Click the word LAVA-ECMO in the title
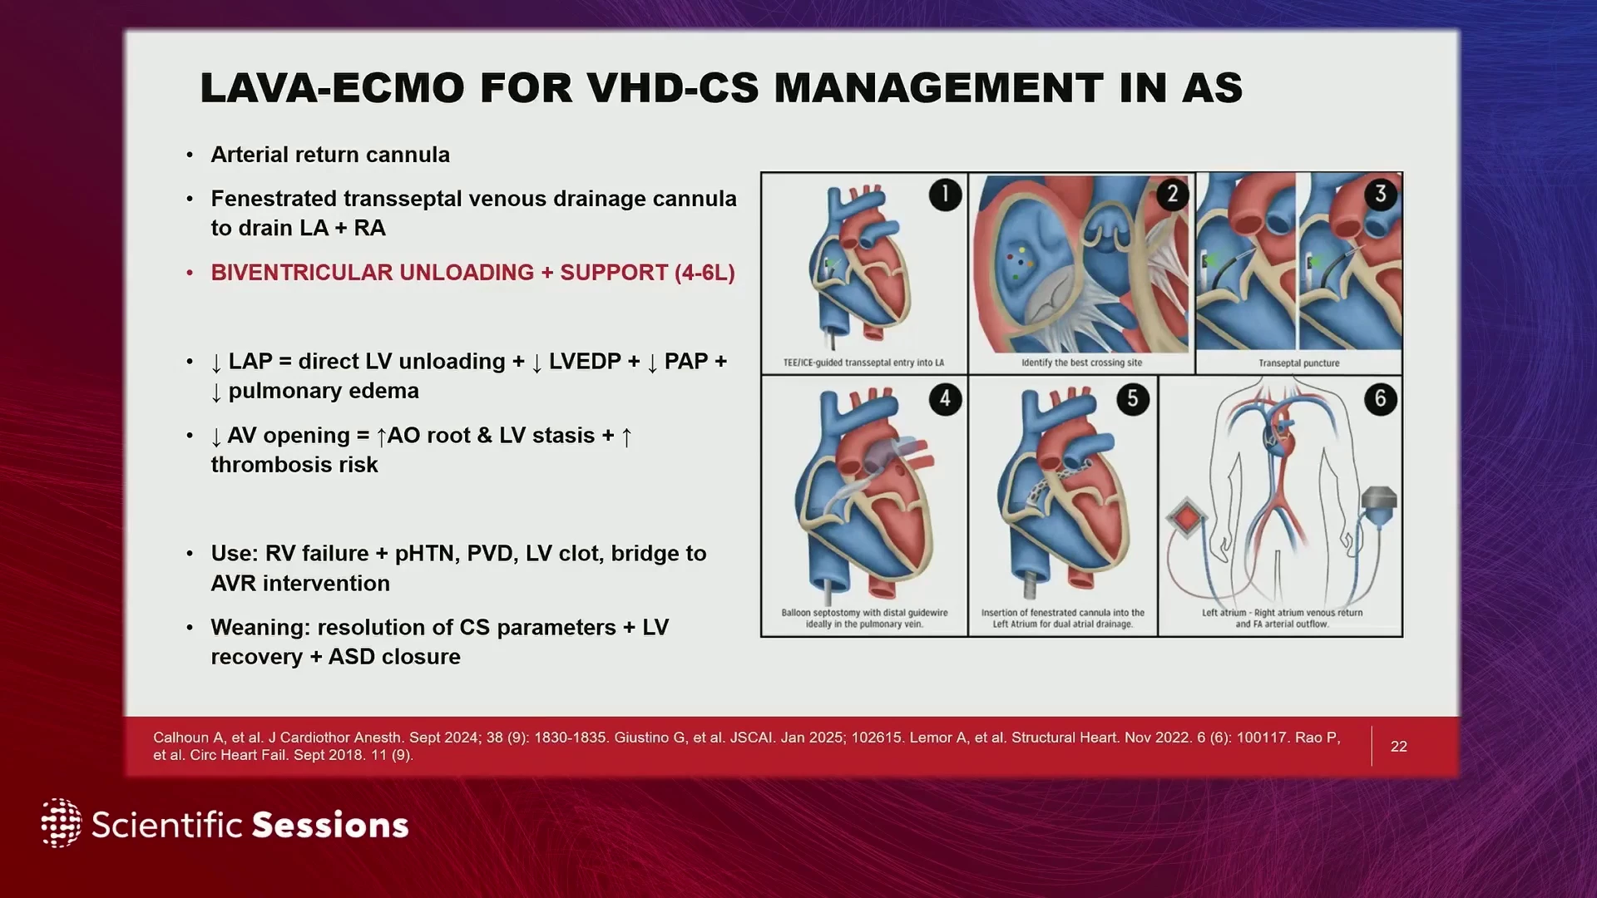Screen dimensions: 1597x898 coord(333,88)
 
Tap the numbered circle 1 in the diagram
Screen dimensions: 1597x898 coord(945,195)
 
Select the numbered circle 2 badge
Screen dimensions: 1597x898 coord(1172,195)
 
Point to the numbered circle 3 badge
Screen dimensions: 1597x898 coord(1381,194)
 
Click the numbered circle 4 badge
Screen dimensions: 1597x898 coord(945,399)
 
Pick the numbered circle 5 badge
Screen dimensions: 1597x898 coord(1133,399)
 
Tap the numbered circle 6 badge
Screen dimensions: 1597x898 coord(1381,399)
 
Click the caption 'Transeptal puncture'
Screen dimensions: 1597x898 coord(1298,363)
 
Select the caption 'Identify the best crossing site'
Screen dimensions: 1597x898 coord(1081,363)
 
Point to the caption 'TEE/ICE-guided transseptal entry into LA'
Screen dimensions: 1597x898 coord(863,363)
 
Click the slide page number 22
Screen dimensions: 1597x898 coord(1399,747)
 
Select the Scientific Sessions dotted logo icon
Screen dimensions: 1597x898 coord(62,823)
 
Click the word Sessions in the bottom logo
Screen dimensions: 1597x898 coord(330,825)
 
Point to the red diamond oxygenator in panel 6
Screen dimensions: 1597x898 coord(1186,519)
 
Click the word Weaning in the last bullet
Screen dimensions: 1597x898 coord(260,629)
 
